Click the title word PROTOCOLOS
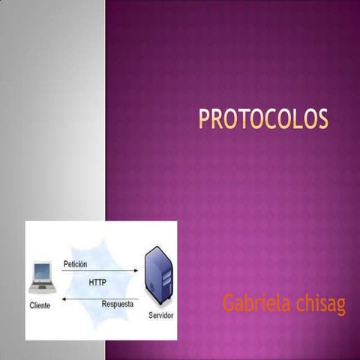coord(262,120)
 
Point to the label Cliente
coord(40,305)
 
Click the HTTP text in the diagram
coord(98,283)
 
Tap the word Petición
coord(76,264)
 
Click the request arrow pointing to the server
coord(97,271)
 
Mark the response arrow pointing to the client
coord(97,298)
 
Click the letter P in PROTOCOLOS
coord(203,120)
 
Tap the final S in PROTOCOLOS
coord(322,120)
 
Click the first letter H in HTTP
coord(91,283)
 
